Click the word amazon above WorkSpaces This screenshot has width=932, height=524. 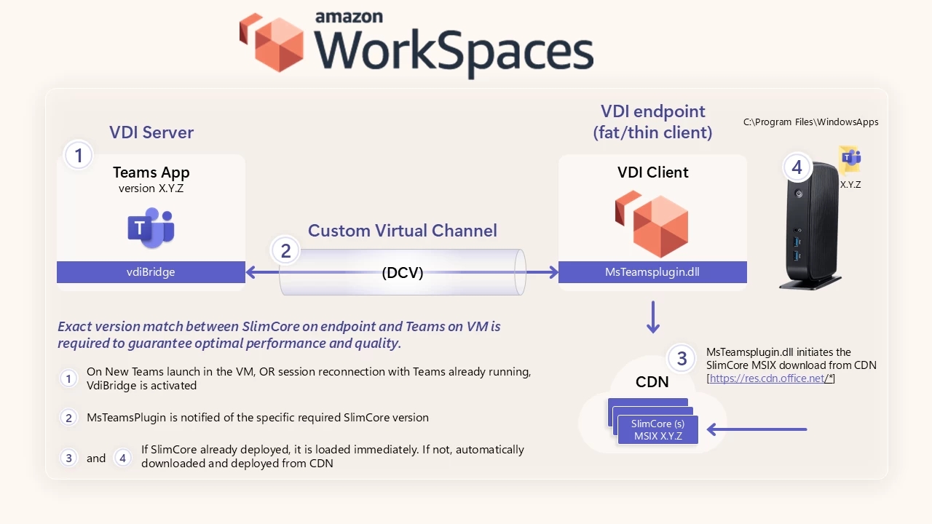point(349,17)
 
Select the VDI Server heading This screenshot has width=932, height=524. point(151,132)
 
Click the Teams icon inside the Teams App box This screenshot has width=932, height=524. point(151,228)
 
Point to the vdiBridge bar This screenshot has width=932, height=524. point(151,272)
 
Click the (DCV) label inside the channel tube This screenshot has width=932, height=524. point(402,273)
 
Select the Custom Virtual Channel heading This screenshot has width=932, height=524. point(402,231)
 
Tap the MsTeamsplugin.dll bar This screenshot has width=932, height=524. point(652,272)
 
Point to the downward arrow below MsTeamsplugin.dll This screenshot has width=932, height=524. point(653,317)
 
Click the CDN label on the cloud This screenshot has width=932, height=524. point(652,381)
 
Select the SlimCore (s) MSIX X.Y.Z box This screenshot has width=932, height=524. point(657,430)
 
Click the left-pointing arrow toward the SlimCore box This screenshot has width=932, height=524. point(757,430)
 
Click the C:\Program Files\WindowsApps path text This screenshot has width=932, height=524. point(810,122)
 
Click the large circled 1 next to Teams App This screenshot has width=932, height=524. point(79,155)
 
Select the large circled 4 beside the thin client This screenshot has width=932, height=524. point(797,168)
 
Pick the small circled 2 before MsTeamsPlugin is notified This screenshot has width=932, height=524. point(68,418)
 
